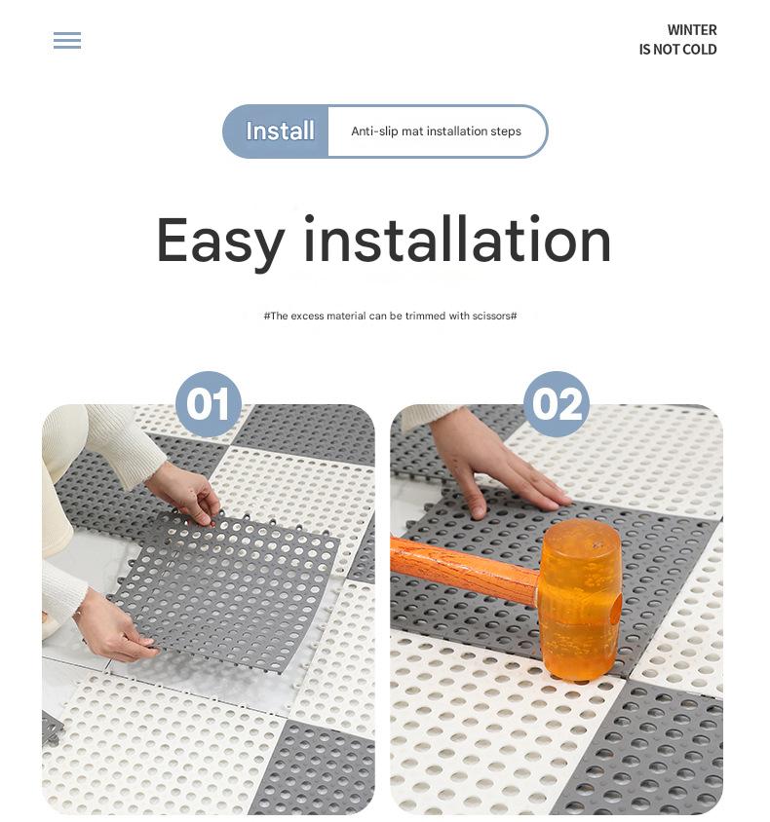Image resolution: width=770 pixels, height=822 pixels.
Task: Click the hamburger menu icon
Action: pyautogui.click(x=67, y=40)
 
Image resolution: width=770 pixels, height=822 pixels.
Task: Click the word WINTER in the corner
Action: pyautogui.click(x=692, y=30)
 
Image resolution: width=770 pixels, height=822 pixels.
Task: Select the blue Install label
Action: pyautogui.click(x=280, y=131)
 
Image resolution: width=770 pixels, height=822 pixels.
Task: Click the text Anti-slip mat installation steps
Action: pyautogui.click(x=436, y=131)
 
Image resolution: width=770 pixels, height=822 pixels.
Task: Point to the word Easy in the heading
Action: pyautogui.click(x=220, y=241)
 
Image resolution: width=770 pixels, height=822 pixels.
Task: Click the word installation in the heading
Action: pyautogui.click(x=456, y=241)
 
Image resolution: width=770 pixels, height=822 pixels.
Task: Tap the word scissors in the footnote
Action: pyautogui.click(x=492, y=317)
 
